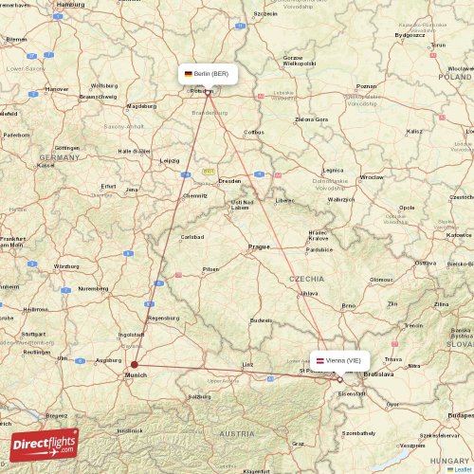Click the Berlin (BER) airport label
tap(206, 73)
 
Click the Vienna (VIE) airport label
tap(339, 360)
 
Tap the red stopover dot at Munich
tap(134, 364)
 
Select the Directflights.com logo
tap(44, 444)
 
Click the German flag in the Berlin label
tap(189, 73)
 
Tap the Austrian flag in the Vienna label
tap(320, 360)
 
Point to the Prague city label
tap(259, 246)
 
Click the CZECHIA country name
tap(307, 279)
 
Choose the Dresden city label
tap(229, 180)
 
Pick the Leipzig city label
tap(170, 160)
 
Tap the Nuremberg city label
tap(93, 288)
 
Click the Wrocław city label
tap(372, 177)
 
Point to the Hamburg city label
tap(70, 5)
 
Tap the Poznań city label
tap(366, 86)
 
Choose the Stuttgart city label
tap(33, 335)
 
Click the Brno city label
tap(348, 305)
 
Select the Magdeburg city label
tap(141, 106)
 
